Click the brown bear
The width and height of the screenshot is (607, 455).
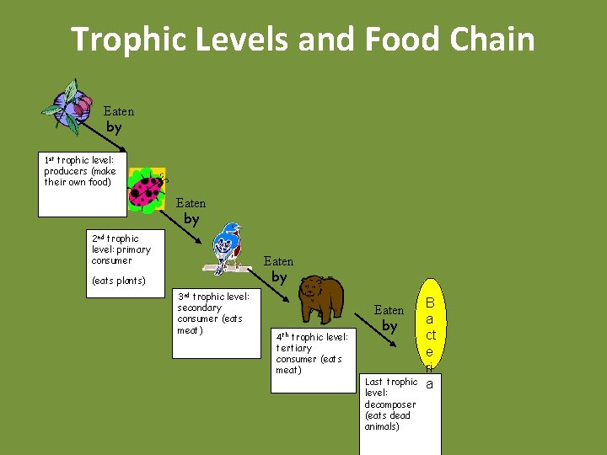320,297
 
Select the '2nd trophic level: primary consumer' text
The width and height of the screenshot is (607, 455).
121,249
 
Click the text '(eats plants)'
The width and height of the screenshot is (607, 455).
118,281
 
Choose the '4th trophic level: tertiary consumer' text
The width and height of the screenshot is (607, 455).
311,353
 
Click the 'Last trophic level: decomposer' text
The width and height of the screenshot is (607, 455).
390,404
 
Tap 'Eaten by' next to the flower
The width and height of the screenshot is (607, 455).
117,120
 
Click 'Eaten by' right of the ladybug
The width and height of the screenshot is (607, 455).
191,211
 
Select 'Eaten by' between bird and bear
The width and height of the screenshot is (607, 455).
278,269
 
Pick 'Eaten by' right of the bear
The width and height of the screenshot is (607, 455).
389,318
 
